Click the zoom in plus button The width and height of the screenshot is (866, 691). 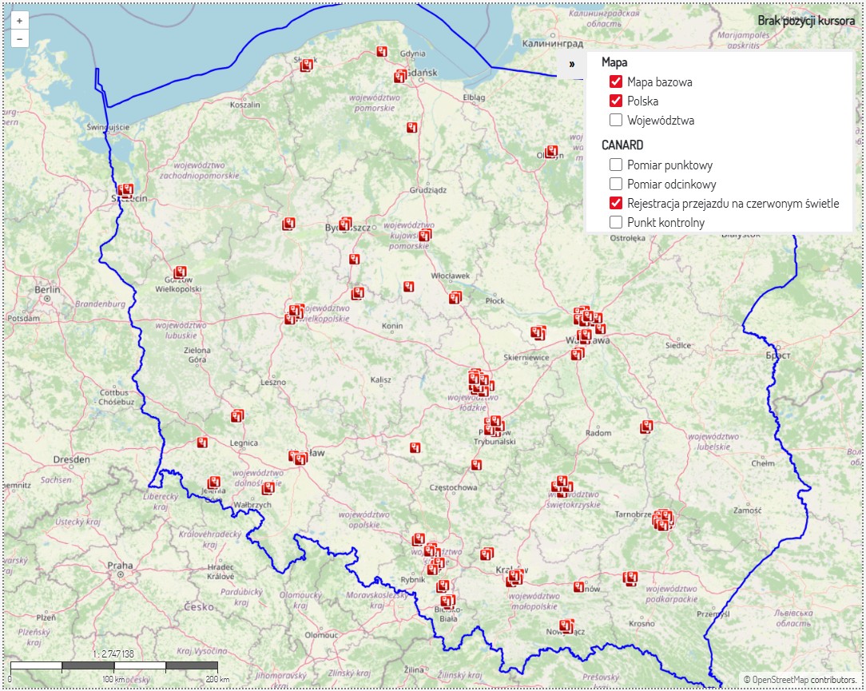coord(19,21)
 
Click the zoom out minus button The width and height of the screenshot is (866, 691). coord(19,38)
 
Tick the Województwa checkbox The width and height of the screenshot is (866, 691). coord(616,121)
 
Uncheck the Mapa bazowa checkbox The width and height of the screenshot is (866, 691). coord(616,81)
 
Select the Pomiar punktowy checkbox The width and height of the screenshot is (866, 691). coord(616,165)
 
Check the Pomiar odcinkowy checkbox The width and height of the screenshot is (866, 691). coord(616,185)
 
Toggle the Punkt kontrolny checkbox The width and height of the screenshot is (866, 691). coord(616,222)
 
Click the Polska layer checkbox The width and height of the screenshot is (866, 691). coord(616,101)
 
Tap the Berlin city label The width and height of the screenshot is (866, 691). coord(47,289)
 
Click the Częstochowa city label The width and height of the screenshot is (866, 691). coord(454,487)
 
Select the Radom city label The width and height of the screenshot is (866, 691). coord(598,433)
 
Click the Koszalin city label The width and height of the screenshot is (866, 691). coord(244,105)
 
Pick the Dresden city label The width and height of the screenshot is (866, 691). coord(71,459)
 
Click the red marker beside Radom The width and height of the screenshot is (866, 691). coord(646,427)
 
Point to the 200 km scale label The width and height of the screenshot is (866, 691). coord(209,679)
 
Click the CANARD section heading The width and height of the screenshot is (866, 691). coord(622,145)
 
